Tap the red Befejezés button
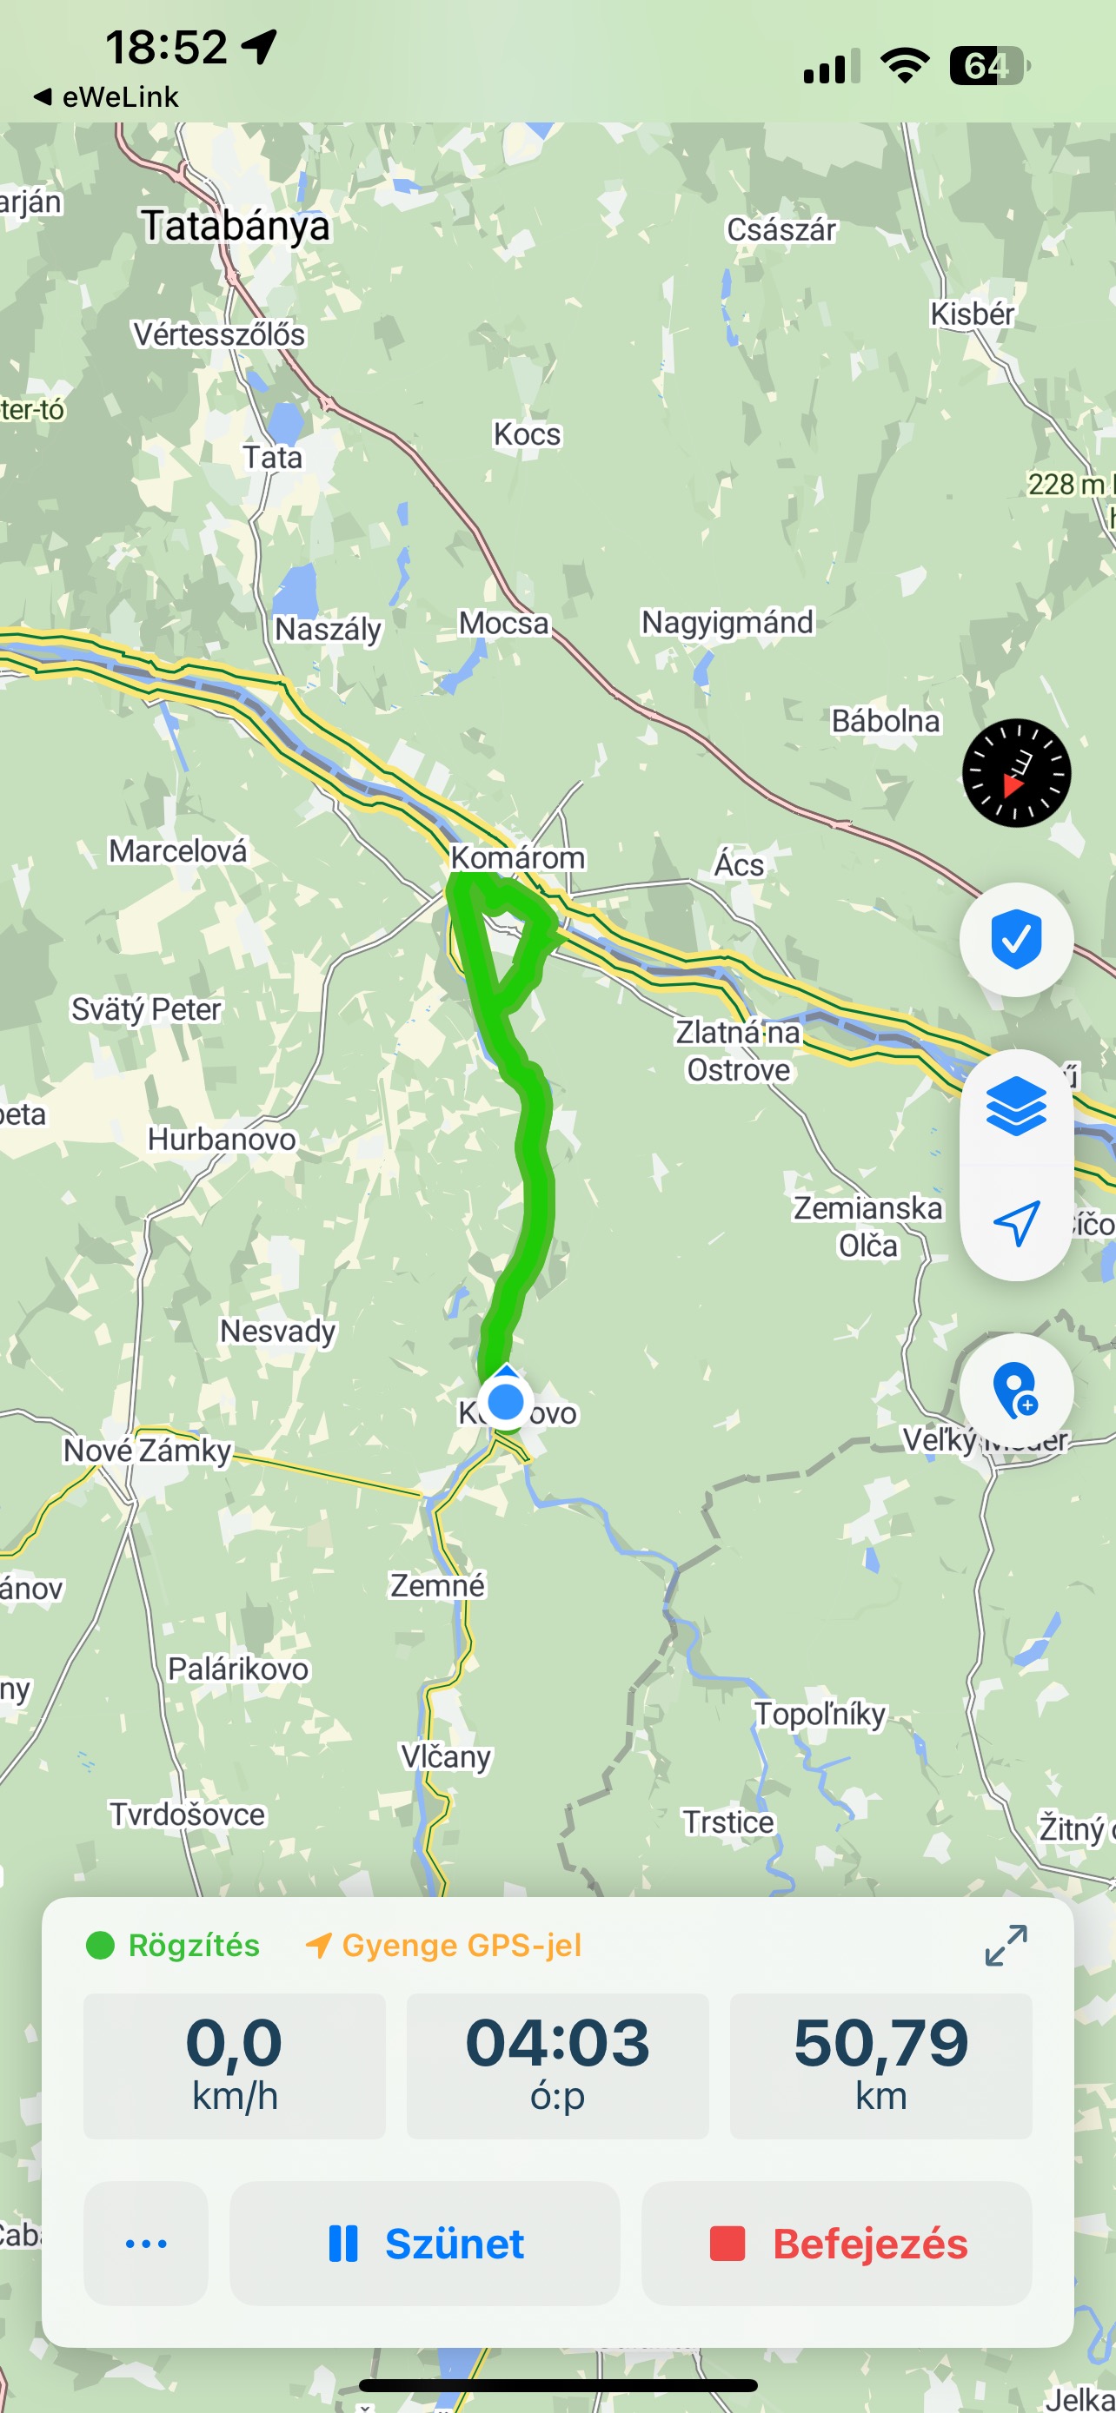pyautogui.click(x=837, y=2244)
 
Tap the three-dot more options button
pyautogui.click(x=146, y=2244)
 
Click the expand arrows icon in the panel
pyautogui.click(x=1006, y=1946)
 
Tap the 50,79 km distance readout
pyautogui.click(x=880, y=2066)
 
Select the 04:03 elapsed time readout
pyautogui.click(x=557, y=2066)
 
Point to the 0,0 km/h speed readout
pyautogui.click(x=235, y=2066)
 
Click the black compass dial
pyautogui.click(x=1017, y=773)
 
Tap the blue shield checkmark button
pyautogui.click(x=1017, y=939)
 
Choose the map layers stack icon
pyautogui.click(x=1017, y=1107)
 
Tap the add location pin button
pyautogui.click(x=1017, y=1390)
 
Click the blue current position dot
pyautogui.click(x=506, y=1402)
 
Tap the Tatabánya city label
pyautogui.click(x=236, y=227)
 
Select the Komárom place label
pyautogui.click(x=517, y=857)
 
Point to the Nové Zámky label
pyautogui.click(x=147, y=1450)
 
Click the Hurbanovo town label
pyautogui.click(x=223, y=1139)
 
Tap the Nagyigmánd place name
pyautogui.click(x=727, y=622)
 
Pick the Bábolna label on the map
pyautogui.click(x=886, y=721)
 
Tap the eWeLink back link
pyautogui.click(x=107, y=96)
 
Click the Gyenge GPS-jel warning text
pyautogui.click(x=461, y=1946)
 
